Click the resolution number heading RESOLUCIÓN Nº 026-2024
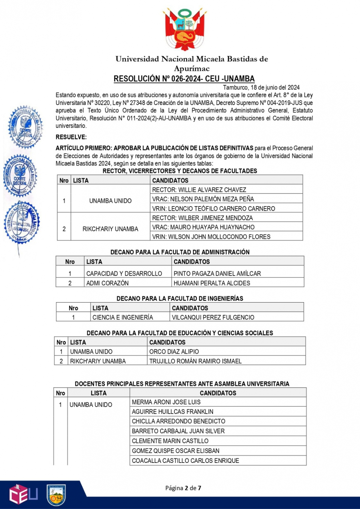click(184, 79)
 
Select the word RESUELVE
click(71, 137)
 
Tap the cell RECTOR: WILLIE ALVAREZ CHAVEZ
click(199, 190)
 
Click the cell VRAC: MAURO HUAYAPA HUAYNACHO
click(203, 227)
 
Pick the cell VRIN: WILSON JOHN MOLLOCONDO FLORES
click(211, 237)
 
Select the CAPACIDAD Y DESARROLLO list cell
click(124, 273)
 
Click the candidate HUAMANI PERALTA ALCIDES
click(212, 283)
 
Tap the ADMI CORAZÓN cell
click(107, 283)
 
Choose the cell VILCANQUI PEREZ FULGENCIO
click(213, 317)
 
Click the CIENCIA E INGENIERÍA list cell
click(123, 317)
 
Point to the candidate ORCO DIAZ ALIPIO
click(174, 352)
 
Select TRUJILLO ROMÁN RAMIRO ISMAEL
click(195, 361)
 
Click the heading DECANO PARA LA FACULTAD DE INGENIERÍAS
click(180, 298)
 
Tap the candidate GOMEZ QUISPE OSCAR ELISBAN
click(175, 451)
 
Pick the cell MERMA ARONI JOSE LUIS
click(166, 402)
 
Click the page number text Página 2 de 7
click(183, 488)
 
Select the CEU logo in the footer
click(23, 494)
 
